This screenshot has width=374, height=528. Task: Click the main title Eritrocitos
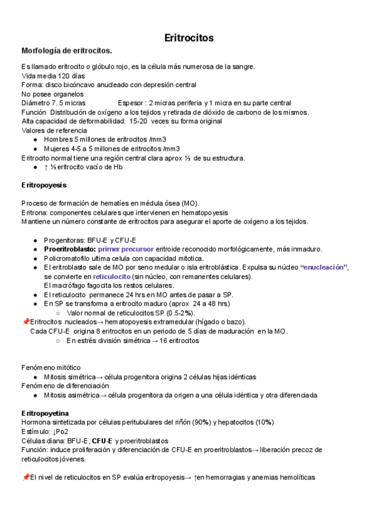(x=188, y=38)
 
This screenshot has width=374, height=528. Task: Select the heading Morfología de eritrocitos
(x=67, y=50)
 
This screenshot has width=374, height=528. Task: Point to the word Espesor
(x=131, y=103)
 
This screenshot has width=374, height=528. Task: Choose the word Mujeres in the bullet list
(x=57, y=149)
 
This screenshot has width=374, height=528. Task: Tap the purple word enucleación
(x=324, y=267)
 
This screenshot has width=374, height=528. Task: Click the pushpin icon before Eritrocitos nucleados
(x=26, y=322)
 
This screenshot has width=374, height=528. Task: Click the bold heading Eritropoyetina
(x=45, y=413)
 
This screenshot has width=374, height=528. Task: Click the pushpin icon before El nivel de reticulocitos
(x=26, y=478)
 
